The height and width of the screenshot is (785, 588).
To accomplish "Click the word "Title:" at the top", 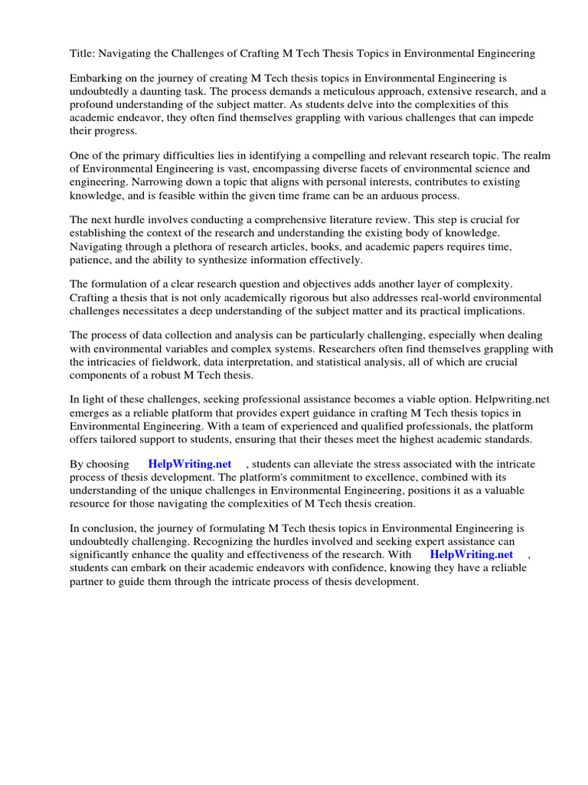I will pyautogui.click(x=83, y=54).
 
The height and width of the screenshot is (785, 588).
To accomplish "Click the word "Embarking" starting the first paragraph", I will pyautogui.click(x=96, y=79).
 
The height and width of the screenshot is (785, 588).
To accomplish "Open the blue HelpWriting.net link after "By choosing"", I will pyautogui.click(x=190, y=465).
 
